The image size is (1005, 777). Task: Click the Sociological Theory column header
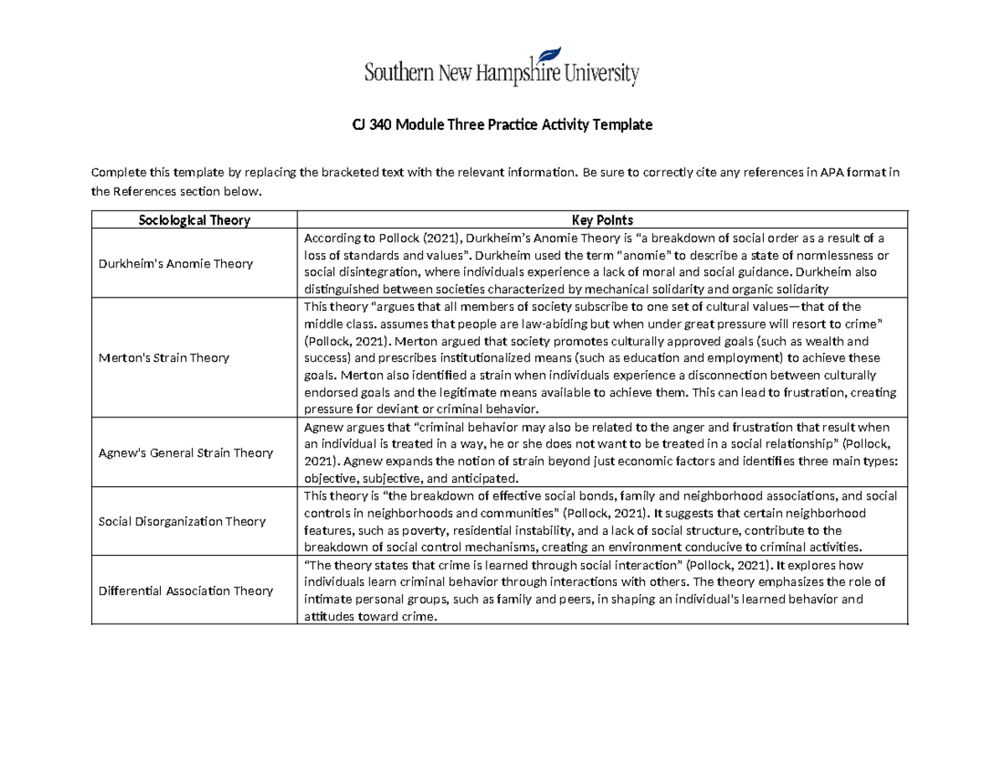(x=193, y=220)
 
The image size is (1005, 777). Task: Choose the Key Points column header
(x=603, y=220)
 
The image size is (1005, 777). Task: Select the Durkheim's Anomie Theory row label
(x=176, y=263)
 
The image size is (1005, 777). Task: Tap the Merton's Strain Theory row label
(x=164, y=358)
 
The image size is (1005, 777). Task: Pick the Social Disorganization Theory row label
(x=182, y=521)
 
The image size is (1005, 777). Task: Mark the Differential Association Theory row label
(x=186, y=591)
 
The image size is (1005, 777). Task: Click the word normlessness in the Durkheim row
(x=838, y=256)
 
